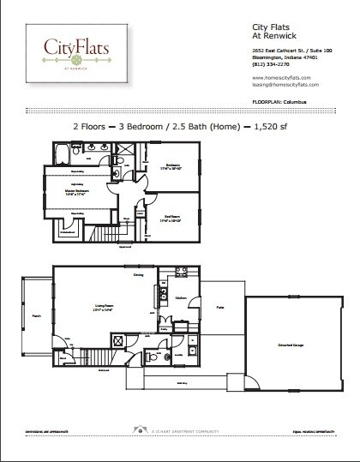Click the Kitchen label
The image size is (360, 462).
pyautogui.click(x=181, y=298)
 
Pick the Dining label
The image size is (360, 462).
pyautogui.click(x=137, y=275)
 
